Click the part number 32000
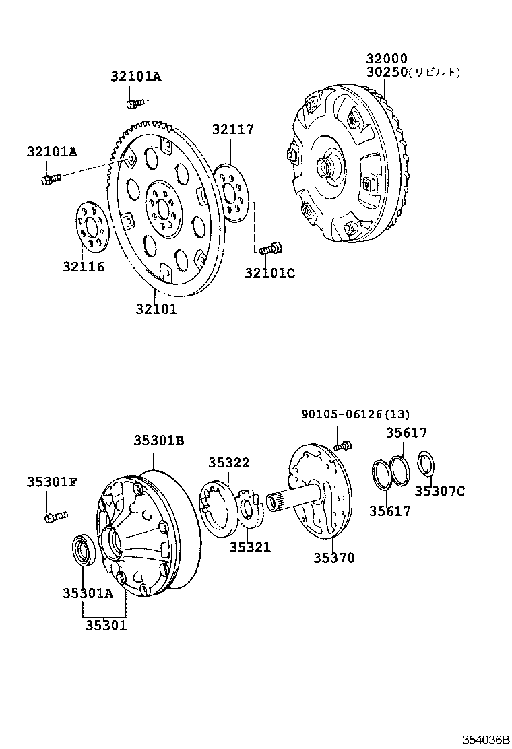click(387, 59)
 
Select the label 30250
click(387, 72)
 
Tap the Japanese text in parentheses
click(435, 73)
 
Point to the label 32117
click(233, 129)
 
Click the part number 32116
click(84, 267)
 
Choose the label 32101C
click(269, 273)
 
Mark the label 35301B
click(159, 441)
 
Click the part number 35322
click(229, 463)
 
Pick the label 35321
click(249, 547)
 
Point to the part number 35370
click(333, 558)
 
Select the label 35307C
click(439, 491)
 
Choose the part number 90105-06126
click(342, 414)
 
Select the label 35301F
click(53, 482)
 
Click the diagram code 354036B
click(484, 739)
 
